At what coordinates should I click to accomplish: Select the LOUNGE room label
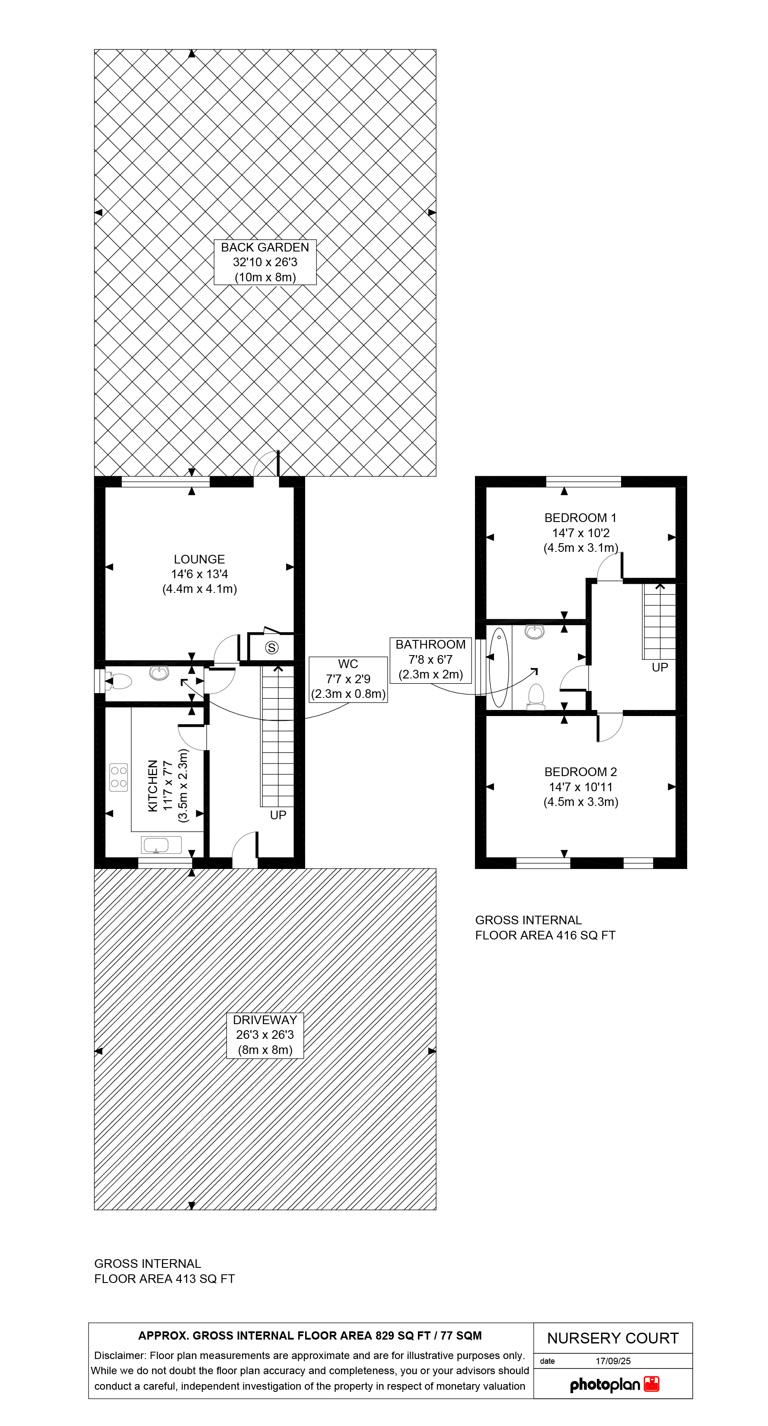(199, 574)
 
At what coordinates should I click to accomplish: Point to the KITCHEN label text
(168, 786)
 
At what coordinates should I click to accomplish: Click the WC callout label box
(348, 679)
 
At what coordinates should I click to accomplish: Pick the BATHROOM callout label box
(430, 660)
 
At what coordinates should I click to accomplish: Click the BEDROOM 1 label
(580, 532)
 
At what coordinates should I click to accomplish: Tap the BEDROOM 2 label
(580, 786)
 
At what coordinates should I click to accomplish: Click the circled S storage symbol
(271, 647)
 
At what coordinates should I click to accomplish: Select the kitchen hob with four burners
(118, 777)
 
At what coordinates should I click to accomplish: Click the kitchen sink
(162, 845)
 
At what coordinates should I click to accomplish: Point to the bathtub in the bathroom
(499, 667)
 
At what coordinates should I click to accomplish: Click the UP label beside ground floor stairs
(278, 815)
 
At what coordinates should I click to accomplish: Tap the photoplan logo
(614, 1385)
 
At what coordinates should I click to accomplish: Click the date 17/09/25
(613, 1361)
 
